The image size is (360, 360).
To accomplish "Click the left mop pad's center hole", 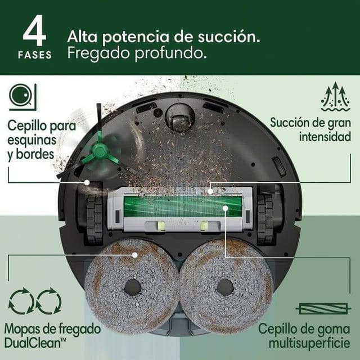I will (x=133, y=287).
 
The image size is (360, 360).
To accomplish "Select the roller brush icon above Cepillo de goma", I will (x=319, y=308).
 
